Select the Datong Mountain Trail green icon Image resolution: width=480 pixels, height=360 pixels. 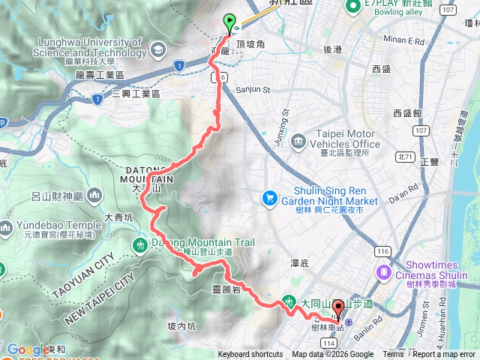tap(140, 245)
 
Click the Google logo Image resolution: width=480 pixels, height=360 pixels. tap(28, 349)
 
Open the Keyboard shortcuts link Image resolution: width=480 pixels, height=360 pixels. tap(250, 355)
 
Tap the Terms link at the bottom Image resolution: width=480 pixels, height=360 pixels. tap(393, 355)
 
